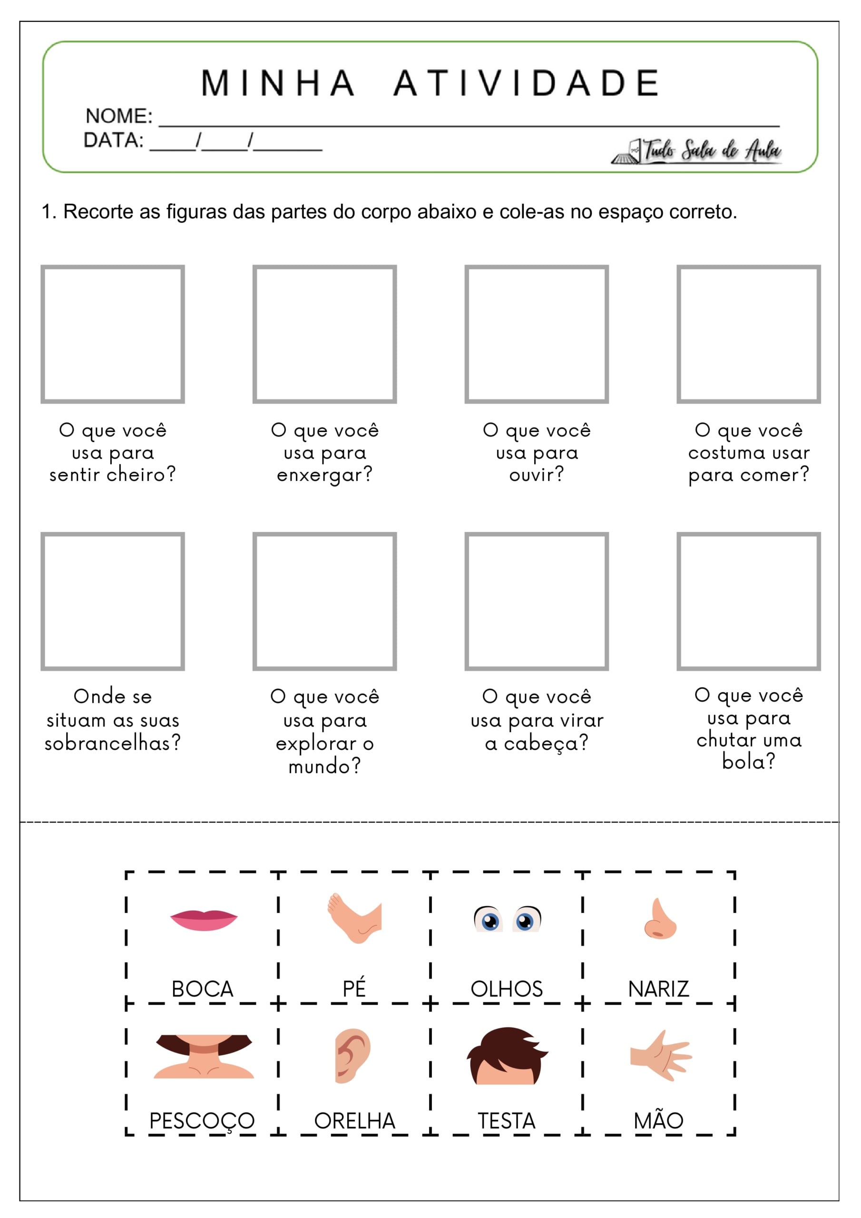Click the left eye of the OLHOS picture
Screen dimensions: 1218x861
click(489, 919)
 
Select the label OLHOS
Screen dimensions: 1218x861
click(507, 989)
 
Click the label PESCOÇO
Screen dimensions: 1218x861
click(202, 1121)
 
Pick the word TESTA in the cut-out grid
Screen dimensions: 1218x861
click(507, 1121)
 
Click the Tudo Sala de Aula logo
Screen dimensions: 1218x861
click(696, 151)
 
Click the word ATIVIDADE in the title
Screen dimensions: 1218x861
click(527, 83)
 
